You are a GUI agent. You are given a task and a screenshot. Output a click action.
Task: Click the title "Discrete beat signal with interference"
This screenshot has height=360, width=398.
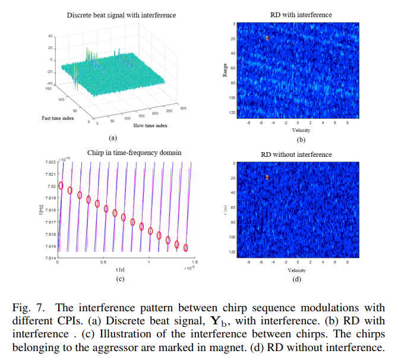point(121,15)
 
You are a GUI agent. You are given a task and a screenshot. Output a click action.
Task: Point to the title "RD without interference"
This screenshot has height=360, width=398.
point(296,154)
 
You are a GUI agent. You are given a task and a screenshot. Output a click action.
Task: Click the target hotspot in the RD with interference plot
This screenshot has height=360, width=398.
point(267,38)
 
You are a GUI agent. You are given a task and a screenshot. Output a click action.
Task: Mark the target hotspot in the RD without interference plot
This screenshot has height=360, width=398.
point(267,177)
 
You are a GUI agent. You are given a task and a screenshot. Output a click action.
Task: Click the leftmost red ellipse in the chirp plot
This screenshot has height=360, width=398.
point(61,186)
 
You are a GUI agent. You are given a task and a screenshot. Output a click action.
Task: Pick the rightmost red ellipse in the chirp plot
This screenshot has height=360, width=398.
point(186,247)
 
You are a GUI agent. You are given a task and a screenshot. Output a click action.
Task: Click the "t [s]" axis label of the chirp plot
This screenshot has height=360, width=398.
point(121,270)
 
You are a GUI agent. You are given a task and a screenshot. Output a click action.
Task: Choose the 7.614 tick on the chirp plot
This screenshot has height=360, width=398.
point(49,258)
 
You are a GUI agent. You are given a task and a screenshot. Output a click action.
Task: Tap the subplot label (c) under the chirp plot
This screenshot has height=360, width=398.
point(120,279)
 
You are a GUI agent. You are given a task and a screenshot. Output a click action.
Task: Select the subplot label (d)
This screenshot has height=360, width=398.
point(296,279)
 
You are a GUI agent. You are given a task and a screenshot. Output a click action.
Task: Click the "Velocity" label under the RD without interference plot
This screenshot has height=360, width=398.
point(296,270)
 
